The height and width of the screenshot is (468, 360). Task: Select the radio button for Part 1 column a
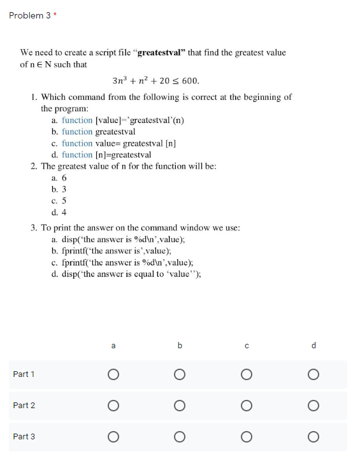coord(113,374)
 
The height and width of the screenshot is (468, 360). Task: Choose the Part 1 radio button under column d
coord(313,374)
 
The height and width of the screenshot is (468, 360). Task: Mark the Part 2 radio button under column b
coord(180,406)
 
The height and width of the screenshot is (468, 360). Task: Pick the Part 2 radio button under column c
coord(247,406)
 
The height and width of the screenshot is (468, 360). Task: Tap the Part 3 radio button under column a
coord(113,437)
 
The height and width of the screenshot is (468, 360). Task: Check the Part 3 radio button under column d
coord(313,437)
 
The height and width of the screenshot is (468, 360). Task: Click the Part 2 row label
coord(24,406)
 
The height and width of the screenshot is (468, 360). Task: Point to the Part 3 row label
coord(24,437)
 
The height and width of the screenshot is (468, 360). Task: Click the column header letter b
coord(180,346)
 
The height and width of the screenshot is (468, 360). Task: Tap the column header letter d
coord(313,346)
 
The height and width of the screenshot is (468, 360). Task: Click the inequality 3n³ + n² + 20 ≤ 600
coord(155,81)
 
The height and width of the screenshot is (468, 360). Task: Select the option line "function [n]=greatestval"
coord(101,155)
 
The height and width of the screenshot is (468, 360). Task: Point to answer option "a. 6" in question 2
coord(59,178)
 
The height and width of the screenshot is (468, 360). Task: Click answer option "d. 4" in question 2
coord(59,212)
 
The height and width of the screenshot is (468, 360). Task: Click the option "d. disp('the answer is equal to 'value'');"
coord(130,274)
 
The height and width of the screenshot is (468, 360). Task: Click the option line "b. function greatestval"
coord(94,132)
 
